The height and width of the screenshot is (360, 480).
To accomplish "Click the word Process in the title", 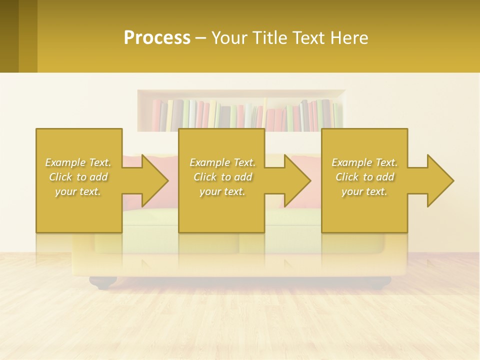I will point(157,38).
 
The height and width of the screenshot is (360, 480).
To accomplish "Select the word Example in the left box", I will point(65,162).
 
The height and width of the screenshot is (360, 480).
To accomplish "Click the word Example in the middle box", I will point(209,162).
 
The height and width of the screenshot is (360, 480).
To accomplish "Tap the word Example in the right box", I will point(351,162).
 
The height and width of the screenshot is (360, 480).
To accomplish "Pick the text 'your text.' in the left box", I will point(78,191).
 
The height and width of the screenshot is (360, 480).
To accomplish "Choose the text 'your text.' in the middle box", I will point(222,191).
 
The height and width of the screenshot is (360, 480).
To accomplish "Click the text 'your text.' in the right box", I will point(364,191).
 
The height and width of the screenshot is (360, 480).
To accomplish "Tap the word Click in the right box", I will point(347,177).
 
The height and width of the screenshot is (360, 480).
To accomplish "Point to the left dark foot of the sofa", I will point(103,283).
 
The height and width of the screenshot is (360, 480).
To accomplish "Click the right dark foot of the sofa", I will point(378,283).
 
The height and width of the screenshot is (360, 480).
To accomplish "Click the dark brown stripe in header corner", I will point(9,36).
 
